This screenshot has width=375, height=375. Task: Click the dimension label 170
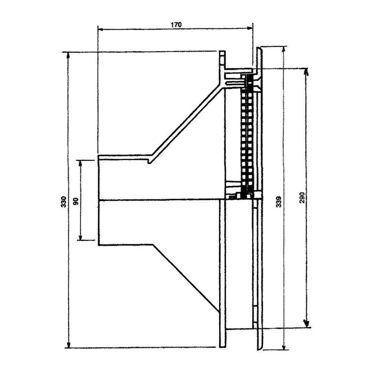point(176,25)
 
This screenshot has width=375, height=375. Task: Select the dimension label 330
point(64,202)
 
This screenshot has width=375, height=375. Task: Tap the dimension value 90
point(76,201)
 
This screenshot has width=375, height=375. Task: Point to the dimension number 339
point(278,202)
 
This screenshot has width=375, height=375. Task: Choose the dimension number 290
point(302,198)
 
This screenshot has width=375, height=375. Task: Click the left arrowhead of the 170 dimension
point(100,29)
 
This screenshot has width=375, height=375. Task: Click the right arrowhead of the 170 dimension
point(250,28)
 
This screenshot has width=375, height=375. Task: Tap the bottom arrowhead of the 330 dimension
point(69,345)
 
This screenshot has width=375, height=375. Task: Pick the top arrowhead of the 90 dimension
point(80,163)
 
